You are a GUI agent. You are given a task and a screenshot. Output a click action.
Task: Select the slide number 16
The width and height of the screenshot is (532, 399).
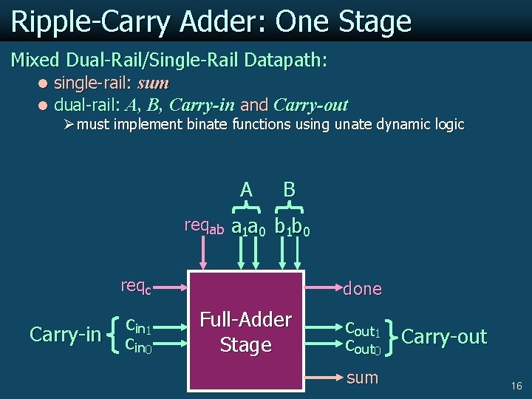(x=516, y=386)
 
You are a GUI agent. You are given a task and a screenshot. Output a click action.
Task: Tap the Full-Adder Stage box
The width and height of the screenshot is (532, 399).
(x=246, y=332)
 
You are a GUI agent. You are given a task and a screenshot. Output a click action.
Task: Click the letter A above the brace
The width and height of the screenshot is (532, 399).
(x=246, y=190)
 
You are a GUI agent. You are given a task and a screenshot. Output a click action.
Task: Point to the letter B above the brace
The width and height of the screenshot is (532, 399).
(x=290, y=190)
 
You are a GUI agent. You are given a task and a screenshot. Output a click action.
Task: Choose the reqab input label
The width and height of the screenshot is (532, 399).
(x=204, y=226)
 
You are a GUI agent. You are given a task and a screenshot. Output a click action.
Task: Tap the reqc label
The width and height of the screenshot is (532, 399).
(x=136, y=286)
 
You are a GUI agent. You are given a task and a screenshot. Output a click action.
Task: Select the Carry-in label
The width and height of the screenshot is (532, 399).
(x=66, y=335)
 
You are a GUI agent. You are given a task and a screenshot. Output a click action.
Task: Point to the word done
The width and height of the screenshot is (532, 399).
(x=362, y=289)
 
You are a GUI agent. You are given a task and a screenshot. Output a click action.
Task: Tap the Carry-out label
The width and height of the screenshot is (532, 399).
(x=444, y=337)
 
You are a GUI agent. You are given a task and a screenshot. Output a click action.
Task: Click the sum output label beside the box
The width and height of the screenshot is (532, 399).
(x=362, y=378)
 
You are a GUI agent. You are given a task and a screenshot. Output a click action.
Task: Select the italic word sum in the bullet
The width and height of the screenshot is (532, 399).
(x=153, y=83)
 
